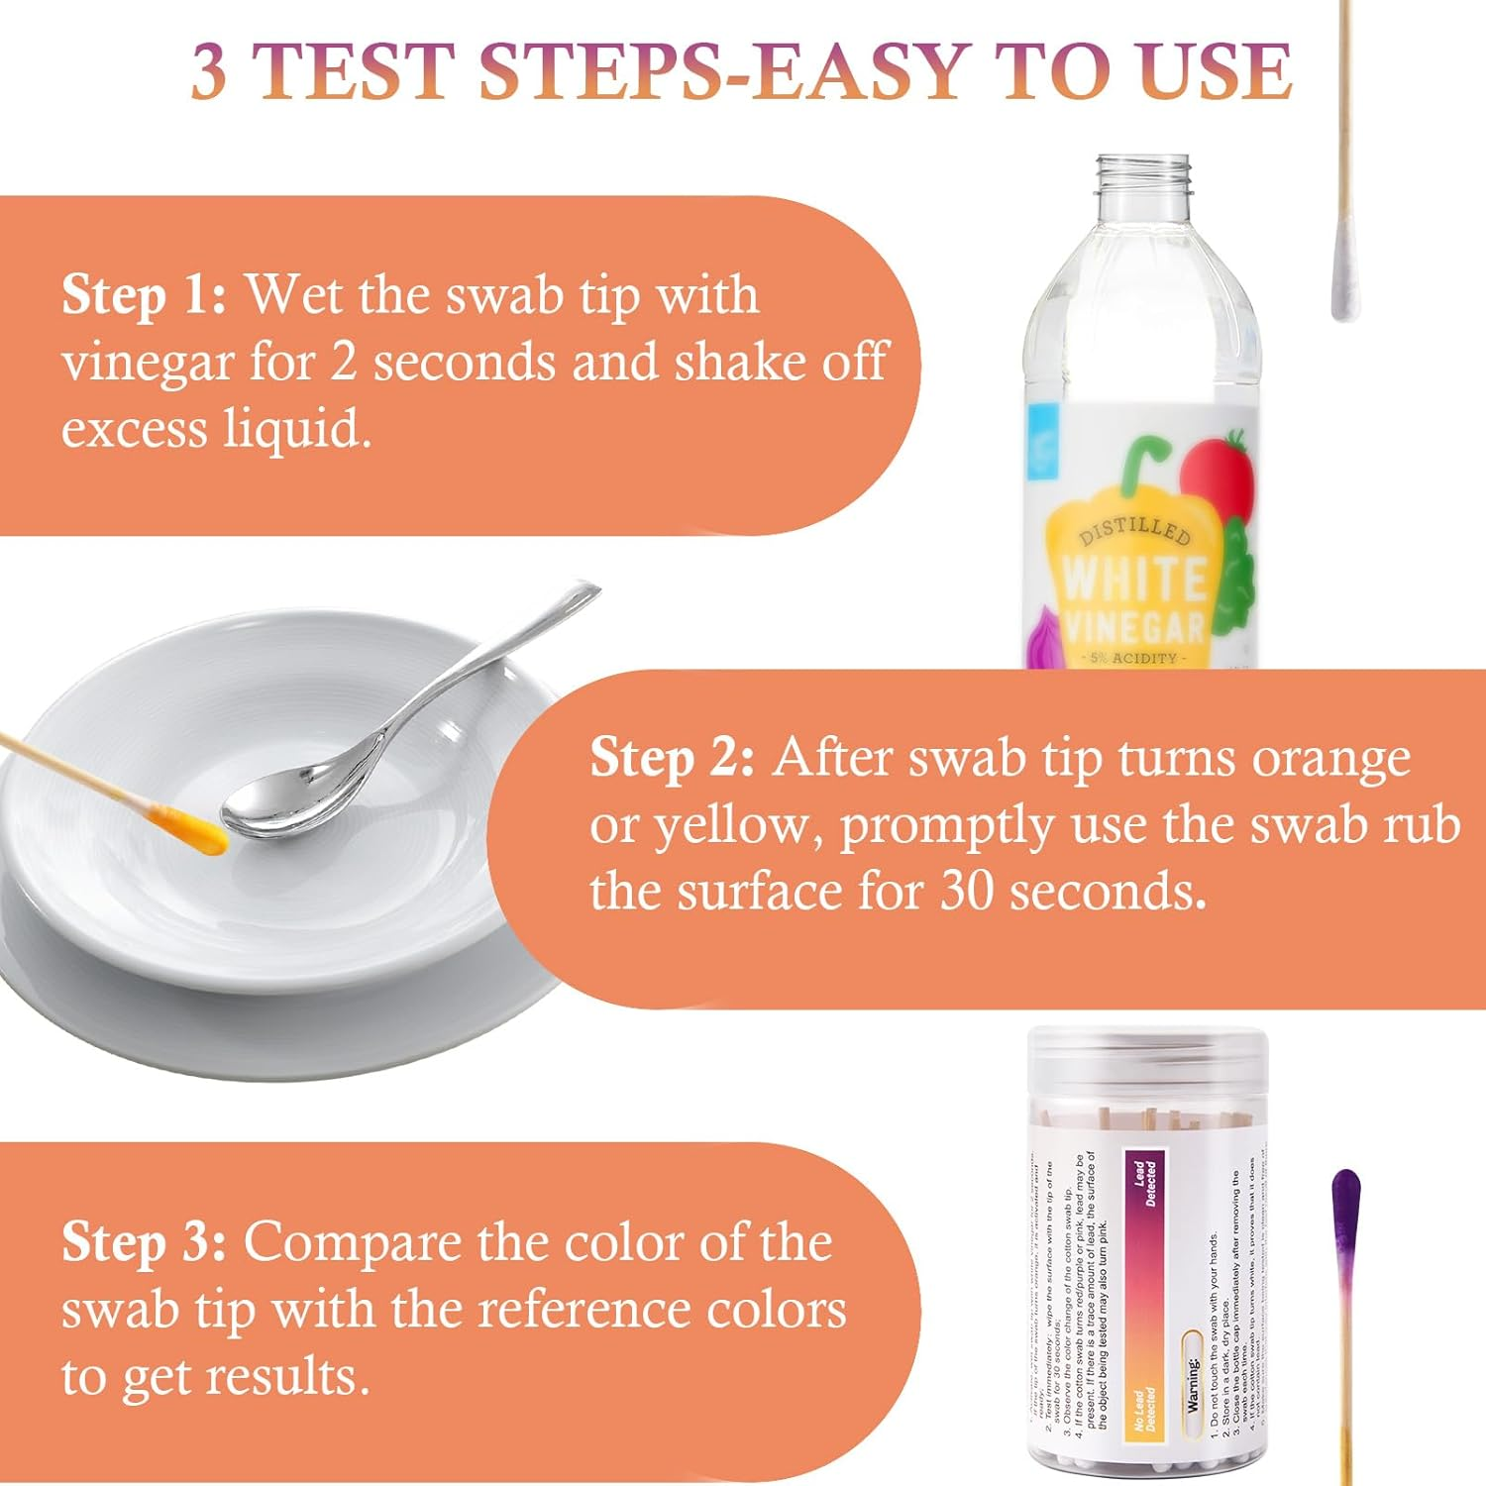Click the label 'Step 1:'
click(x=144, y=295)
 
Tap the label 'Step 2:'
click(x=672, y=759)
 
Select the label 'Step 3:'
click(x=144, y=1242)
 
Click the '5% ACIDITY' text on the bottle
click(x=1133, y=658)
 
